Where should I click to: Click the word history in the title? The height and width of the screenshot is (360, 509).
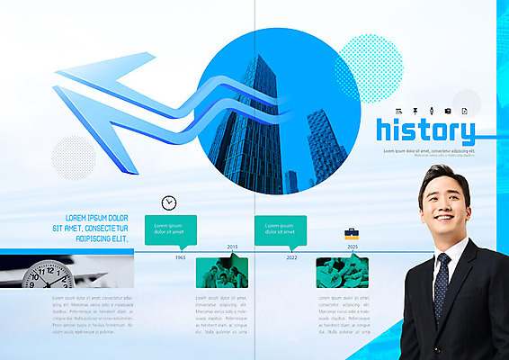pyautogui.click(x=424, y=130)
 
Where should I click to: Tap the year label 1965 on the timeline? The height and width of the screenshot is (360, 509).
pyautogui.click(x=181, y=257)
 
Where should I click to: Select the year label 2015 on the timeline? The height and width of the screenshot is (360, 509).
pyautogui.click(x=232, y=246)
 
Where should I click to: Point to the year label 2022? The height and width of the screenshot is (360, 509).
pyautogui.click(x=291, y=257)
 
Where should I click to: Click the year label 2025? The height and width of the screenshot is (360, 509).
pyautogui.click(x=352, y=246)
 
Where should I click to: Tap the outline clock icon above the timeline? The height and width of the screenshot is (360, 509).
pyautogui.click(x=169, y=203)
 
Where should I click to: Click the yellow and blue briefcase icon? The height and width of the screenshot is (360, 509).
pyautogui.click(x=352, y=233)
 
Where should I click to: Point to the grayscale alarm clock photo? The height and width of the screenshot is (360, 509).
pyautogui.click(x=49, y=274)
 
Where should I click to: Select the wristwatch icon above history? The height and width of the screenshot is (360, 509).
pyautogui.click(x=422, y=110)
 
